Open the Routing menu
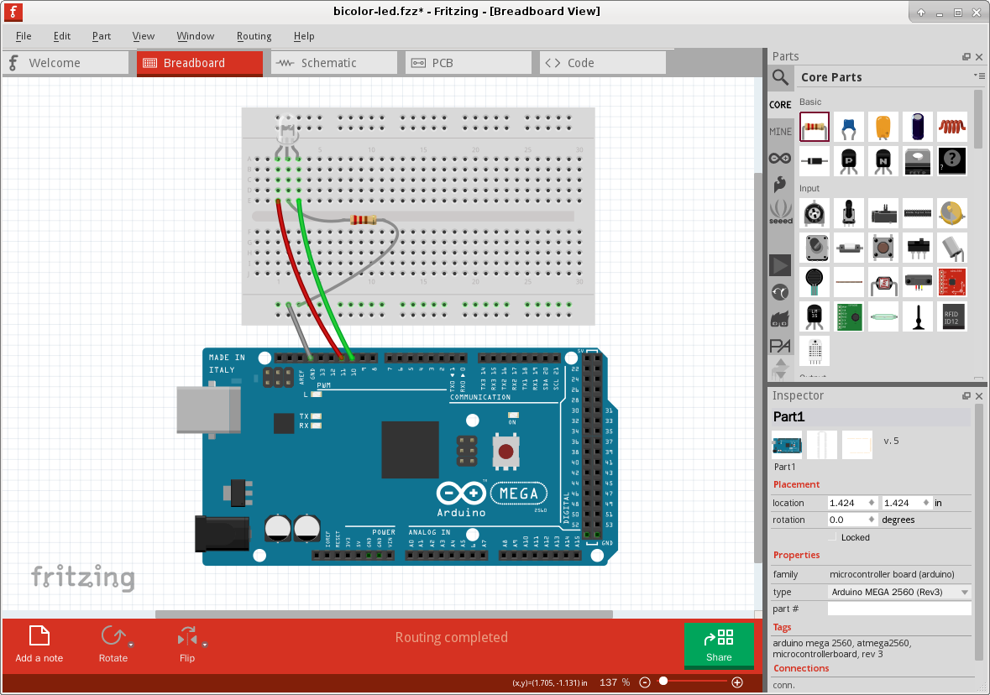[x=254, y=36]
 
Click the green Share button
[x=719, y=645]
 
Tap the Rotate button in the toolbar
[x=113, y=644]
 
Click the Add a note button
[x=39, y=644]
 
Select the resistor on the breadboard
[x=364, y=220]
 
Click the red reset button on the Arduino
[x=505, y=452]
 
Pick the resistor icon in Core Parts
[x=814, y=128]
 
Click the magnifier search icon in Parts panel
[x=781, y=78]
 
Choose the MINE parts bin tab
[x=780, y=132]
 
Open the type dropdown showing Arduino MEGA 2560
[x=898, y=592]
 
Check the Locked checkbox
[x=834, y=537]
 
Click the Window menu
[x=195, y=36]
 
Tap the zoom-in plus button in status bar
[x=737, y=682]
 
